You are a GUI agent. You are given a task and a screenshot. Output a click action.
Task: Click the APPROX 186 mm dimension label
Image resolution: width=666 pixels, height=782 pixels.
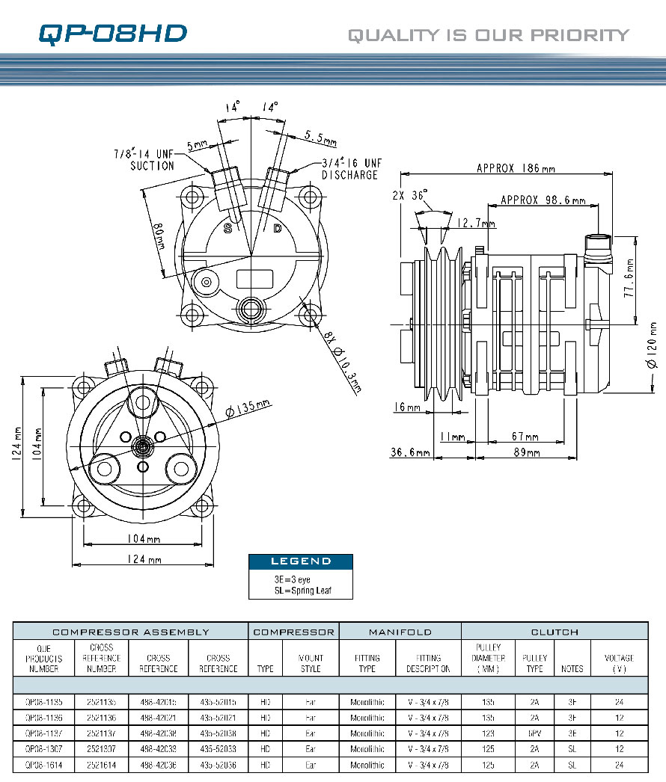[x=516, y=168]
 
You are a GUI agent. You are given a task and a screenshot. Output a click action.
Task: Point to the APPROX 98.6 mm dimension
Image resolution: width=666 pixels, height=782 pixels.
[x=543, y=200]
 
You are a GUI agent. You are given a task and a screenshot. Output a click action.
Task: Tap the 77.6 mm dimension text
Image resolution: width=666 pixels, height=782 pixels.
[x=630, y=279]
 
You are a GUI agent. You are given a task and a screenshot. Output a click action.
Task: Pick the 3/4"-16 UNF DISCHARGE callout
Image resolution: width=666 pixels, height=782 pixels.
[x=349, y=168]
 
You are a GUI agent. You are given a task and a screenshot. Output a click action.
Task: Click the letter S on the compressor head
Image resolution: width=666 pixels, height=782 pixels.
[x=228, y=229]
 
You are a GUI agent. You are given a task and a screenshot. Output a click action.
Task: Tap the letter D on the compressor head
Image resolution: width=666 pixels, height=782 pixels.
[x=277, y=229]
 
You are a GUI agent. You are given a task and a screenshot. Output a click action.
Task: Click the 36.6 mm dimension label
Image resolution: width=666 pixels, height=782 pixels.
[x=410, y=452]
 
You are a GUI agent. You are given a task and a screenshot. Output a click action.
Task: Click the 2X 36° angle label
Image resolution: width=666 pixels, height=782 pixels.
[x=411, y=196]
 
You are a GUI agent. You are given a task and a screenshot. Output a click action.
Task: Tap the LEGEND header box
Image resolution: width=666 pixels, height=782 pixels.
[x=300, y=561]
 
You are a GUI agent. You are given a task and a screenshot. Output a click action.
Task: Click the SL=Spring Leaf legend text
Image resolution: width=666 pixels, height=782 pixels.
[x=302, y=591]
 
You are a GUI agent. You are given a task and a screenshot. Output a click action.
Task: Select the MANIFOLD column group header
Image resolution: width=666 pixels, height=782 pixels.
[x=400, y=632]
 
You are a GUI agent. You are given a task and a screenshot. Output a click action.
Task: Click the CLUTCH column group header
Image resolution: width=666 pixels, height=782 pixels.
[x=555, y=632]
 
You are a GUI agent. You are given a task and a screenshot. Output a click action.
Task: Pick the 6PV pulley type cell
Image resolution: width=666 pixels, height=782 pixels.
[x=534, y=733]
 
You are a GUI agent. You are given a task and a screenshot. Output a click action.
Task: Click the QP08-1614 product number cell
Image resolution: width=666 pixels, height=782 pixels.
[x=43, y=765]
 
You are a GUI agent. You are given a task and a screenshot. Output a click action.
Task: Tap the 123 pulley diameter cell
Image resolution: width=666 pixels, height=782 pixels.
[x=488, y=733]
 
